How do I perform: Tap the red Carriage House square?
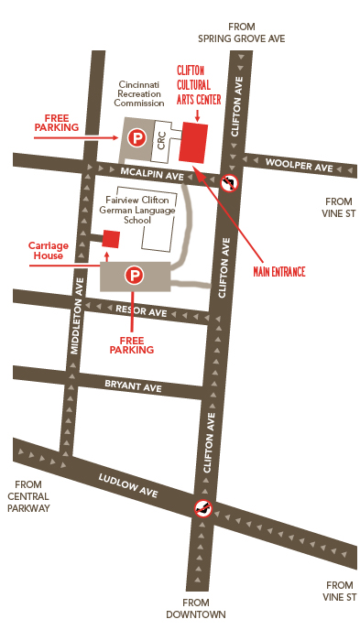[111, 239]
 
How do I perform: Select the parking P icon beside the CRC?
[136, 140]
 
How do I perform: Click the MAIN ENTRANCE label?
[278, 272]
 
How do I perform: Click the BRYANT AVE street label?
[133, 387]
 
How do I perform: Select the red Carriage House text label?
[49, 251]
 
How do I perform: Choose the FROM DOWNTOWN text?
[202, 608]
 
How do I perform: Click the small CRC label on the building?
[161, 142]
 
